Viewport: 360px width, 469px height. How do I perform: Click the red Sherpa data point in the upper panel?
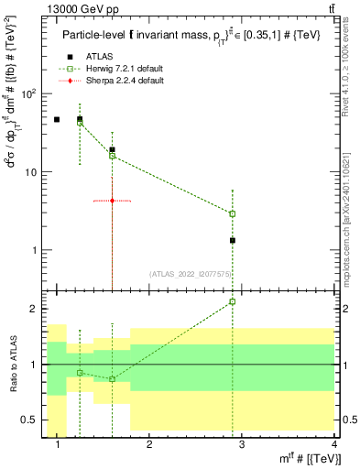pyautogui.click(x=112, y=201)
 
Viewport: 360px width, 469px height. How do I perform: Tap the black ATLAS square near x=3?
pyautogui.click(x=233, y=240)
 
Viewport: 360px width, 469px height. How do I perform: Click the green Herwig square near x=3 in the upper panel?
pyautogui.click(x=233, y=213)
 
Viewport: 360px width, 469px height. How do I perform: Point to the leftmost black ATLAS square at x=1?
pyautogui.click(x=57, y=119)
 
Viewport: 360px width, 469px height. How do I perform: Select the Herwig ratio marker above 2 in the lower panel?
pyautogui.click(x=233, y=301)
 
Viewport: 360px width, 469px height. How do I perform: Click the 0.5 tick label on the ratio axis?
pyautogui.click(x=29, y=420)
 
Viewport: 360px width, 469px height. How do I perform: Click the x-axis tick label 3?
pyautogui.click(x=241, y=445)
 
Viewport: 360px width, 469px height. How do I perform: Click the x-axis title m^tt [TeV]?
pyautogui.click(x=311, y=458)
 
